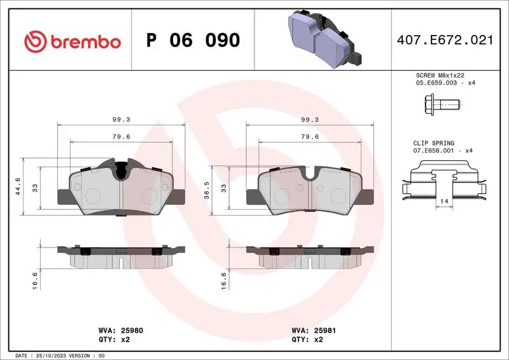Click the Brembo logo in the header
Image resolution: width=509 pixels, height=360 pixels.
click(x=72, y=41)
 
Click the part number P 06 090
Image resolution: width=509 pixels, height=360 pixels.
click(x=193, y=41)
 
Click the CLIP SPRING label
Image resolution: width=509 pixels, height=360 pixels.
click(x=430, y=144)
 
